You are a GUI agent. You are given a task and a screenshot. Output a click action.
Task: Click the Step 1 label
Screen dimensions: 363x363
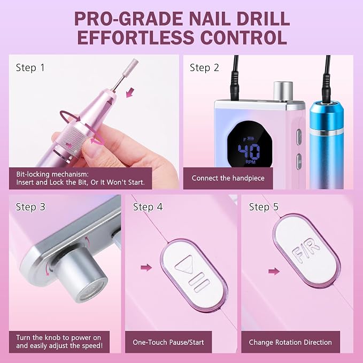pos(30,68)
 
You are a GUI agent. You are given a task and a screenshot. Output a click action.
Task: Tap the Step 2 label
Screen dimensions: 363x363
pos(204,68)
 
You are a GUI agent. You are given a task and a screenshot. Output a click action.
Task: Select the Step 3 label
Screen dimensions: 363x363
pos(30,207)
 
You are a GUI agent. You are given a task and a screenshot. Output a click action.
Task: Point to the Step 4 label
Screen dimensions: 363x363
pos(148,207)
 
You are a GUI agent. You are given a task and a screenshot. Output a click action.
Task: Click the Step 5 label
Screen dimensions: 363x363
pos(264,207)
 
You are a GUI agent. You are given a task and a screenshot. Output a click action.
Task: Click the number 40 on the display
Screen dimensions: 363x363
pos(249,152)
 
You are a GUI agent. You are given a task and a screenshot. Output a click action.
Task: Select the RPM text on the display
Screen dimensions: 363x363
pos(250,162)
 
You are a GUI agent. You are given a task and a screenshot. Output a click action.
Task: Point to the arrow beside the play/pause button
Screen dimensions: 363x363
pos(146,268)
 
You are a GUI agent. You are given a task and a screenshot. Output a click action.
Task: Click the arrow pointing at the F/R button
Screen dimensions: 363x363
pos(274,272)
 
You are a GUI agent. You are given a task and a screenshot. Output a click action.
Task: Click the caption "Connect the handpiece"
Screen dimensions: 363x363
pos(228,178)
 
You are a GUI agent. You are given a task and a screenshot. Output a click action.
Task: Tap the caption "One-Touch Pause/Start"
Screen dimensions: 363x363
pos(168,342)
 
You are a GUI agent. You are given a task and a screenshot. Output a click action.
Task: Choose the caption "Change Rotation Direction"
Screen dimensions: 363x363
pos(290,342)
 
